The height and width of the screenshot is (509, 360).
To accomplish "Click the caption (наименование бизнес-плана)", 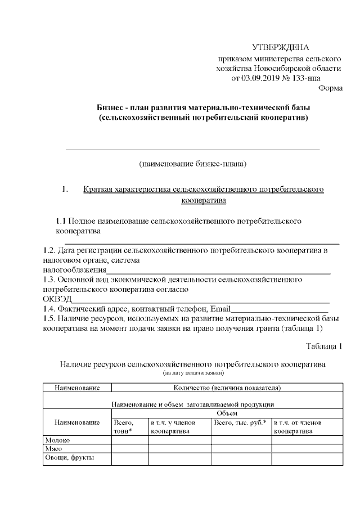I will [193, 164].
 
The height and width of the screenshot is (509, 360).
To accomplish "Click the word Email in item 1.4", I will [220, 309].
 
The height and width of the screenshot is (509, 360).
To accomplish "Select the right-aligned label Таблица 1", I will [323, 345].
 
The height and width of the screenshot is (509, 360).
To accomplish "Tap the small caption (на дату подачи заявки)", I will [193, 372].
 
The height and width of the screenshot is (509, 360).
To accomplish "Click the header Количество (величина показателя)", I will [227, 388].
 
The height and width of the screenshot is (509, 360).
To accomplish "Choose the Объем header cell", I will [227, 413].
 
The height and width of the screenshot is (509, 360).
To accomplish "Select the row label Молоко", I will [57, 440].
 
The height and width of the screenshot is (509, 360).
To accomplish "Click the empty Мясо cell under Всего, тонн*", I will [129, 449].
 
